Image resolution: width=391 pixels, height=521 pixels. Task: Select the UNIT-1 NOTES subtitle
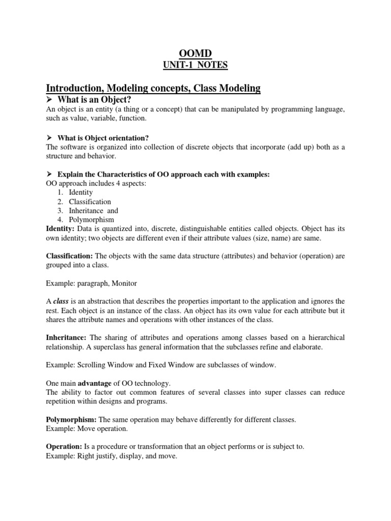pos(196,65)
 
